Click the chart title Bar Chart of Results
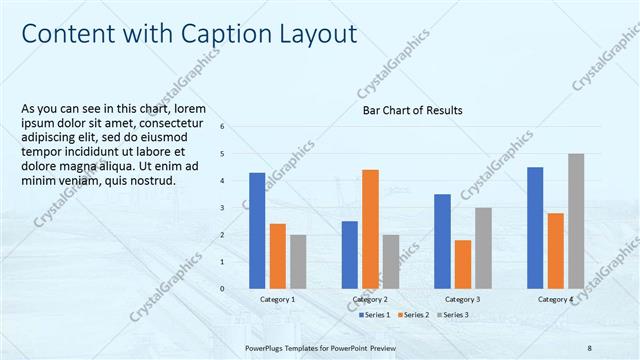[412, 110]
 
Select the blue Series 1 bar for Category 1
[257, 230]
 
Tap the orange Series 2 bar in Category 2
[370, 228]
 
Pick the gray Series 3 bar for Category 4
[576, 220]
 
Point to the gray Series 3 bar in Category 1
[298, 261]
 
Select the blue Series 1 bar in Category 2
[349, 254]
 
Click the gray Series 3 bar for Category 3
[483, 247]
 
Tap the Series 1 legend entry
[375, 315]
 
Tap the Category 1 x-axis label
[277, 299]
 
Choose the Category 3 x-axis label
[462, 299]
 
